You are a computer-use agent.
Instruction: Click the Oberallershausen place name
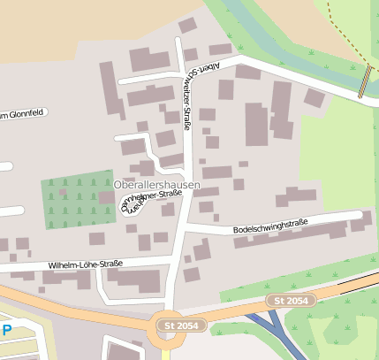[x=156, y=185]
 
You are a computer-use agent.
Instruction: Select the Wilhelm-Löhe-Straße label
[x=85, y=264]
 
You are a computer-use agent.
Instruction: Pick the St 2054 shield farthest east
[x=291, y=302]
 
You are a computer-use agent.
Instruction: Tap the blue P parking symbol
[x=7, y=331]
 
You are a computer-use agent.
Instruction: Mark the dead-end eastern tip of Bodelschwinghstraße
[x=357, y=215]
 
